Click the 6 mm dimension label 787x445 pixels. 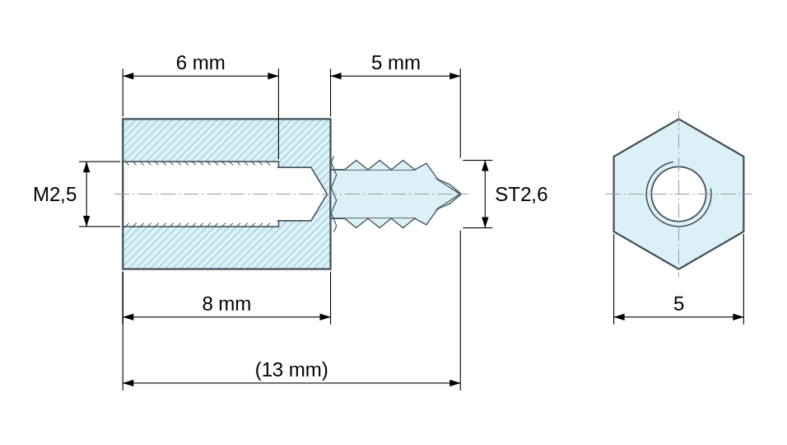[200, 63]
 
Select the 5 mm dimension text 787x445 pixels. [395, 63]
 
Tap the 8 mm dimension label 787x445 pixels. [226, 304]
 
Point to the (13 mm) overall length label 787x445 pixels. [291, 370]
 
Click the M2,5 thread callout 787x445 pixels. [54, 194]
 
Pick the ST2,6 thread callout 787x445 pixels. [521, 194]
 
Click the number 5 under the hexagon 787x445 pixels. [678, 304]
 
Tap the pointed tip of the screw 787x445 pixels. [459, 194]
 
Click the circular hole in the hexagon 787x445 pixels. [678, 194]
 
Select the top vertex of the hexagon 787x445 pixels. [678, 119]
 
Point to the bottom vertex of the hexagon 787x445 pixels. [678, 269]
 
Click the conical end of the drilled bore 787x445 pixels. [319, 194]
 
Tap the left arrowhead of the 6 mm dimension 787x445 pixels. [128, 76]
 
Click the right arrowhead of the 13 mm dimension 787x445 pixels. [454, 382]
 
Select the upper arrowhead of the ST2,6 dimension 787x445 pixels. [485, 166]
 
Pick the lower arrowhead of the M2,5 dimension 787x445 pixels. [86, 221]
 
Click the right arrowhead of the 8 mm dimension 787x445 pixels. [324, 317]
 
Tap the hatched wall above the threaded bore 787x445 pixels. [226, 140]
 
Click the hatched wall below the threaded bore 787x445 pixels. [226, 247]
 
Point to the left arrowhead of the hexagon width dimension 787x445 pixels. [619, 317]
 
